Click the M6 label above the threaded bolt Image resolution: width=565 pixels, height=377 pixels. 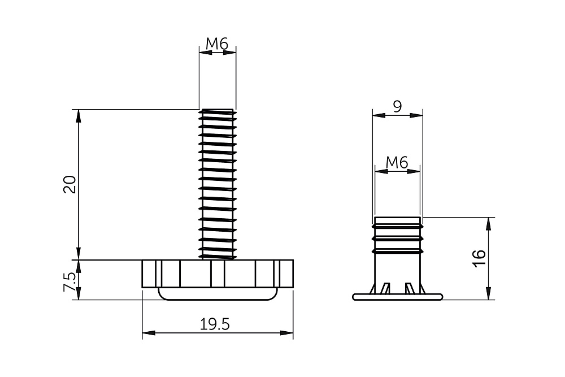pyautogui.click(x=217, y=44)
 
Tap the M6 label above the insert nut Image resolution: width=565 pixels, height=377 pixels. pyautogui.click(x=397, y=163)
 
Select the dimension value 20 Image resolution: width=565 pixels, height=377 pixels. pyautogui.click(x=70, y=184)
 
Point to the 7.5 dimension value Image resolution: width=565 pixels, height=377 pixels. pyautogui.click(x=70, y=282)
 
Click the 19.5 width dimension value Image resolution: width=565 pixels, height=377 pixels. pyautogui.click(x=215, y=325)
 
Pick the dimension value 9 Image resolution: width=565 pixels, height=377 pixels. pyautogui.click(x=397, y=107)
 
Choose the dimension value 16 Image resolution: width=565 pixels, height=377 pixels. pyautogui.click(x=479, y=258)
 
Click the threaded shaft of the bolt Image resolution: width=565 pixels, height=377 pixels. pyautogui.click(x=218, y=184)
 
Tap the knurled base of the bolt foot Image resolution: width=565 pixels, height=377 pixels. pyautogui.click(x=218, y=274)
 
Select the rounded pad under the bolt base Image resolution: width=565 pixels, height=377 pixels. pyautogui.click(x=218, y=294)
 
